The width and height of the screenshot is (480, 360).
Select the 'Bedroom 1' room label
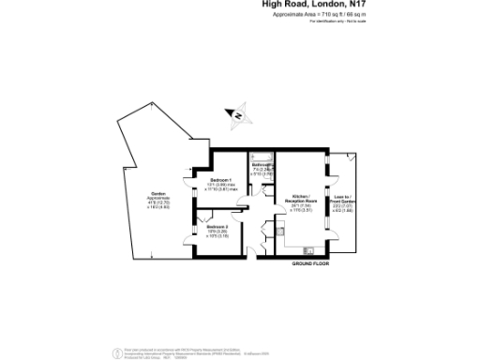point(220,179)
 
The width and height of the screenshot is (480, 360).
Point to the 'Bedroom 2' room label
point(218,226)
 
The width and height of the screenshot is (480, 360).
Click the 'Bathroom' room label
point(262,164)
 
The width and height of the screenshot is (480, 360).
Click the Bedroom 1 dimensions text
point(223,187)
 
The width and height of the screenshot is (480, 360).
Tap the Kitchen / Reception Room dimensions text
point(301,210)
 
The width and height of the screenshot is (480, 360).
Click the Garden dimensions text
point(146,206)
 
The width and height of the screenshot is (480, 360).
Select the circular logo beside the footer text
point(117,352)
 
